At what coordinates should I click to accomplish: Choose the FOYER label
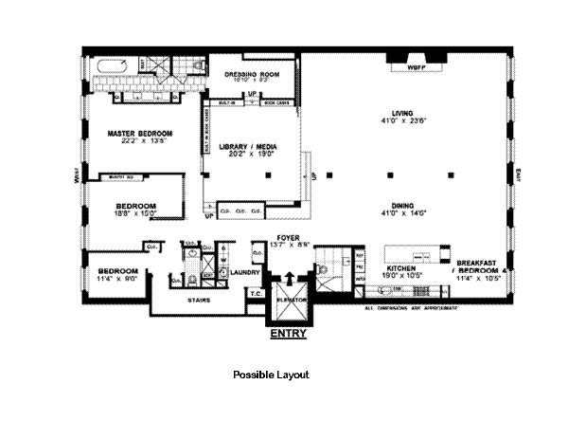coord(288,236)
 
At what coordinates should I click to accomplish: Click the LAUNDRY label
coord(233,271)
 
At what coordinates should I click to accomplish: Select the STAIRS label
coord(199,298)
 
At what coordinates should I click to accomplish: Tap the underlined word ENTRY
coord(287,335)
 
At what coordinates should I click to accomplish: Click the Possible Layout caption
coord(271,375)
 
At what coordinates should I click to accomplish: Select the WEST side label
coord(74,176)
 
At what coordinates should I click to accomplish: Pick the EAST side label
coord(517,176)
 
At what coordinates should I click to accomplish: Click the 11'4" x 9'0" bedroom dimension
coord(118,280)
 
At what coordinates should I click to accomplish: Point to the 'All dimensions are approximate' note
coord(413,308)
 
